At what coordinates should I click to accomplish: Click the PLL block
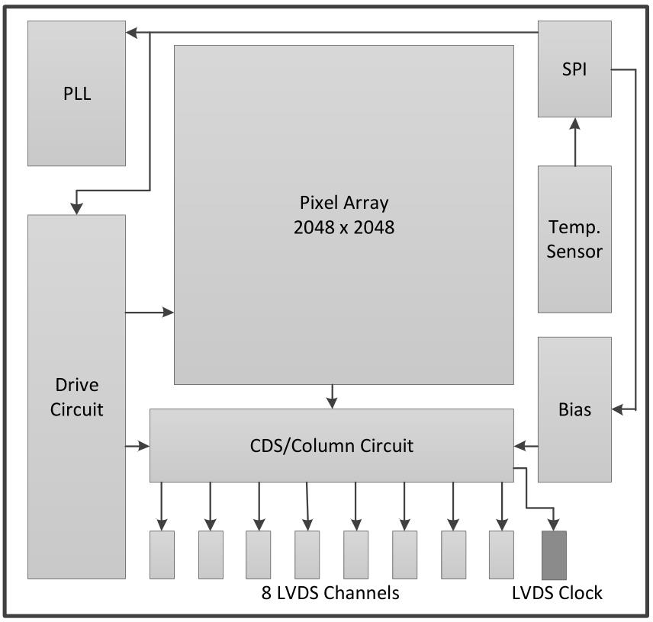(76, 93)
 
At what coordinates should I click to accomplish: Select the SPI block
(574, 69)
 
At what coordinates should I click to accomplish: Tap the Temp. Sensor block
(574, 239)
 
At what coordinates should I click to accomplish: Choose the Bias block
(574, 409)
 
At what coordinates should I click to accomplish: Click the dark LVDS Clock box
(555, 555)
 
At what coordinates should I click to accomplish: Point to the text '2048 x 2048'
(344, 228)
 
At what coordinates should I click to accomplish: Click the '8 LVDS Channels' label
(330, 593)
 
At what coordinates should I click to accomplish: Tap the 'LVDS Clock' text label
(557, 593)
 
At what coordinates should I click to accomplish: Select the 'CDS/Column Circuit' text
(332, 446)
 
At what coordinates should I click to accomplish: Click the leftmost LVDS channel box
(162, 555)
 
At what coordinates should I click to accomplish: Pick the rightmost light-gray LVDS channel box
(501, 555)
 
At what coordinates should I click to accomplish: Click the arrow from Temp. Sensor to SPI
(575, 142)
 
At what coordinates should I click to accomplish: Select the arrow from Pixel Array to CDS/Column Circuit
(332, 396)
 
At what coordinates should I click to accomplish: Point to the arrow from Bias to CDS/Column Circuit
(526, 446)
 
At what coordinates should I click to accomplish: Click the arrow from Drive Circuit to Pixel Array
(150, 312)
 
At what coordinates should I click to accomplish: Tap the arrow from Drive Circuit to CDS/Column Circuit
(137, 446)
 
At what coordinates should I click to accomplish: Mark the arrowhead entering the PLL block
(132, 33)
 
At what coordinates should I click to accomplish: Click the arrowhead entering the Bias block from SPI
(618, 409)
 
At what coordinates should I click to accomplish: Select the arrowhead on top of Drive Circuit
(76, 209)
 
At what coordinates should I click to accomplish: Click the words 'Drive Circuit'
(76, 397)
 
